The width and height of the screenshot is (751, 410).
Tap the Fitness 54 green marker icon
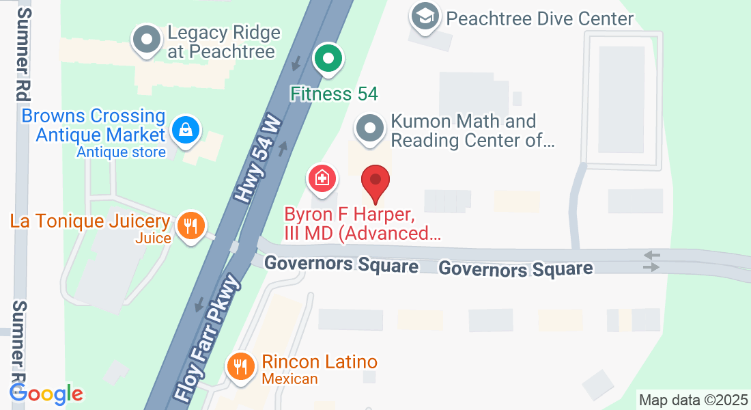point(328,59)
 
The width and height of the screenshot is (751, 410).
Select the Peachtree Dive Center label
point(540,18)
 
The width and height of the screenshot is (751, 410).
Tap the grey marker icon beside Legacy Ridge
point(145,40)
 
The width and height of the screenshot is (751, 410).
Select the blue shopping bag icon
point(185,128)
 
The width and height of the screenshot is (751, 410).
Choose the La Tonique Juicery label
point(89,221)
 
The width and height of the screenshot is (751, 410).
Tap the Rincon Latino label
point(320,362)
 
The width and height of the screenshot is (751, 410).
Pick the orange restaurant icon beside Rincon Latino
point(240,366)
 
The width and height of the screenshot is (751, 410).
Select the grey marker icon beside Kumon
point(370,127)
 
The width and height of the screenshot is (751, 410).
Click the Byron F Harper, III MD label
point(363,224)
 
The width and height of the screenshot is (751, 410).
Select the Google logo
point(46,394)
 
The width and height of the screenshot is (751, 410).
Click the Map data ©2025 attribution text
point(692,399)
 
